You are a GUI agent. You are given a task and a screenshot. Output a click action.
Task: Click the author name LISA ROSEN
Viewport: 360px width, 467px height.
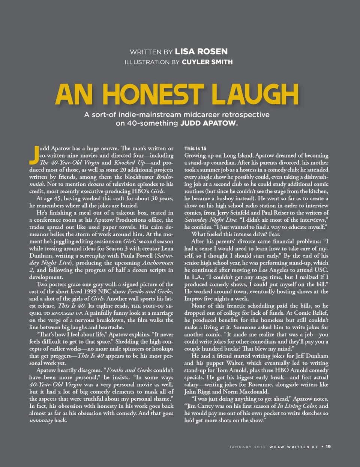[x=201, y=51]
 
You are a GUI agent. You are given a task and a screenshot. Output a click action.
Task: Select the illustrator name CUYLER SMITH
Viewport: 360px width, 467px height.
[x=207, y=62]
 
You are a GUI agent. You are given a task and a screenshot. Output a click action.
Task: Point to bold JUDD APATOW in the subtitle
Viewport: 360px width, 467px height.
[x=208, y=123]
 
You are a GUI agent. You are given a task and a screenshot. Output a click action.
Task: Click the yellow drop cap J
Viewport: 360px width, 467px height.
[x=34, y=155]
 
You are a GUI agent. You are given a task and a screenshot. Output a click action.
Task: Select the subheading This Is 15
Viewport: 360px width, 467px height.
[x=195, y=149]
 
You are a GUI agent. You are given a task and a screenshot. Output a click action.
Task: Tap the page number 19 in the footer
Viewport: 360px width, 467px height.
[x=328, y=446]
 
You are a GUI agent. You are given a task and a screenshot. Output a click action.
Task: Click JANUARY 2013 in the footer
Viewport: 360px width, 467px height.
[x=247, y=447]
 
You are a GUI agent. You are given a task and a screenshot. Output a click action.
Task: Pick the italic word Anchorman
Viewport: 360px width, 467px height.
[x=158, y=263]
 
